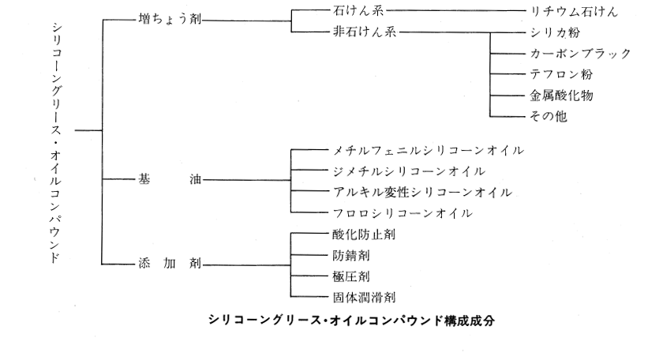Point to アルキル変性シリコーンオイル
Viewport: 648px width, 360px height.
(x=422, y=192)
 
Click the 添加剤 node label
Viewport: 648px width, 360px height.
(x=167, y=264)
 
